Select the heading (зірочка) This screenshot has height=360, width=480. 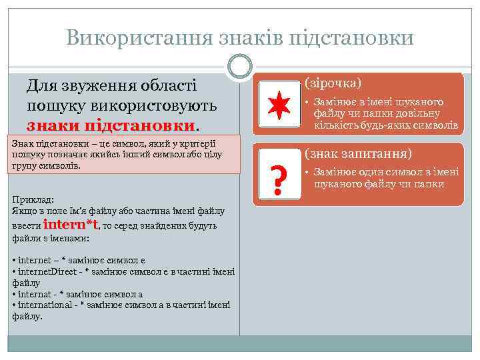pos(333,83)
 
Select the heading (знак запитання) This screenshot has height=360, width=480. pos(358,153)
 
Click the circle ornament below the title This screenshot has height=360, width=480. pos(240,67)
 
